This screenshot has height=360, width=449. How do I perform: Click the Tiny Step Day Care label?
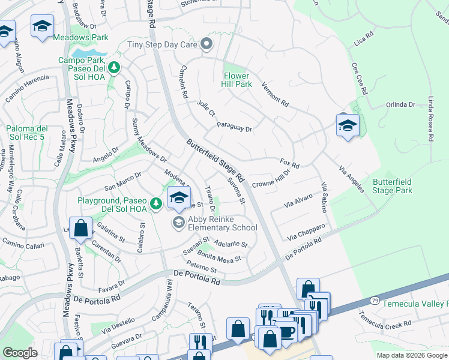tap(163, 44)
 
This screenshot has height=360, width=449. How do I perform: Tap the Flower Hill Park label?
tap(238, 80)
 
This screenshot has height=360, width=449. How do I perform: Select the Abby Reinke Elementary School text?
tap(222, 223)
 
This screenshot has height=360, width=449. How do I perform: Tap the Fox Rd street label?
tap(289, 163)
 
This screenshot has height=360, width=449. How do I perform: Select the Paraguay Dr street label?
tap(234, 128)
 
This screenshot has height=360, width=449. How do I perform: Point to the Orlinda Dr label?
tap(400, 104)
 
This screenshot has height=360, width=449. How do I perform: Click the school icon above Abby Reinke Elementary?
tap(179, 197)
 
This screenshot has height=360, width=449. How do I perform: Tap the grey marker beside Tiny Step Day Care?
tap(207, 43)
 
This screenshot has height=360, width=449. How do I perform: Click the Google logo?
tap(20, 353)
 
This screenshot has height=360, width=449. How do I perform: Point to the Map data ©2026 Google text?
tap(412, 355)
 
